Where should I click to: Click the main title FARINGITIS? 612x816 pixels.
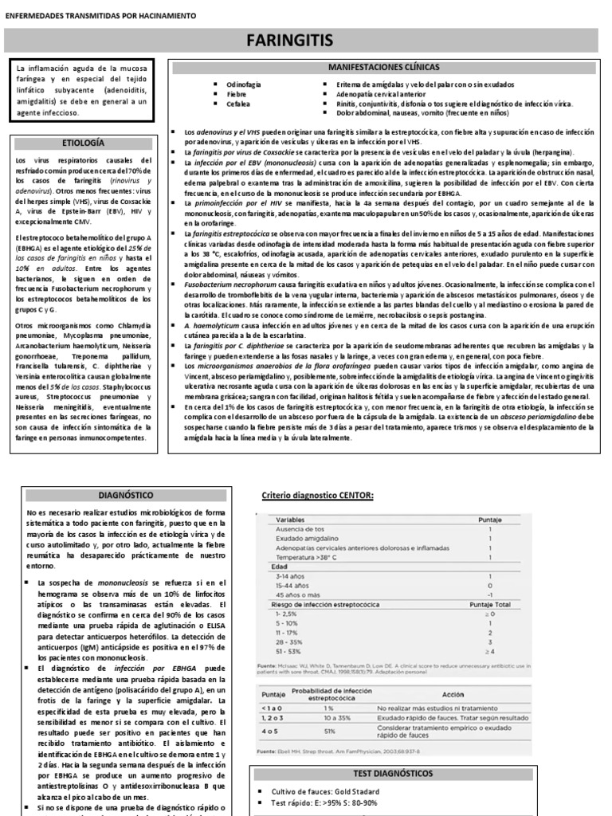click(306, 40)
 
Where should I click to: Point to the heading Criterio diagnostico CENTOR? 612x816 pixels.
click(317, 496)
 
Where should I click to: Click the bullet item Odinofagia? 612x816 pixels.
click(243, 84)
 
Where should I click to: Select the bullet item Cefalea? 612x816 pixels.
click(238, 104)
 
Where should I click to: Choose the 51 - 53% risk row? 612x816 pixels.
click(289, 652)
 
